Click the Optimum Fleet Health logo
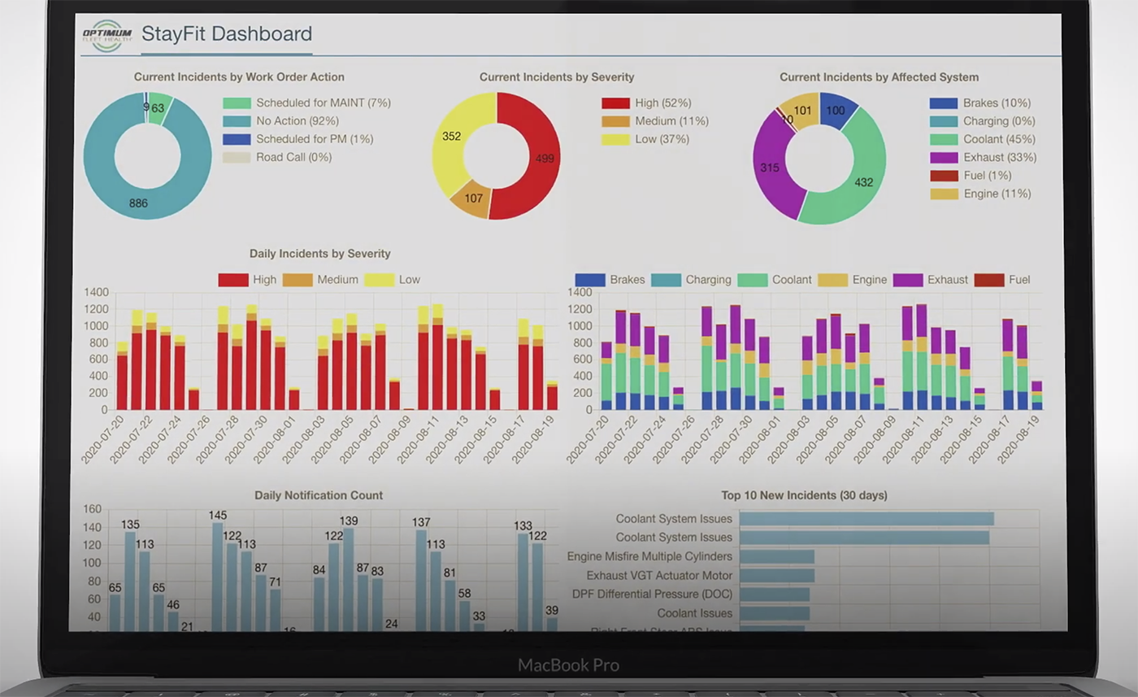click(x=106, y=35)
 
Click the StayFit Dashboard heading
click(x=226, y=34)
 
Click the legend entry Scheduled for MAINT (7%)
click(x=323, y=103)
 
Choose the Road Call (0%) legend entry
click(x=293, y=157)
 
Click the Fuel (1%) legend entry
click(x=985, y=176)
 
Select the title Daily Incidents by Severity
click(x=319, y=254)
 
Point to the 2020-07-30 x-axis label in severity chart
click(x=248, y=440)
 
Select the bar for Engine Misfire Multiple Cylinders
click(x=776, y=556)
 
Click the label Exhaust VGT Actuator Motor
click(x=659, y=576)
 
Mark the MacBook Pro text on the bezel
click(x=568, y=665)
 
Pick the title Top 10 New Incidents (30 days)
click(x=804, y=495)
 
